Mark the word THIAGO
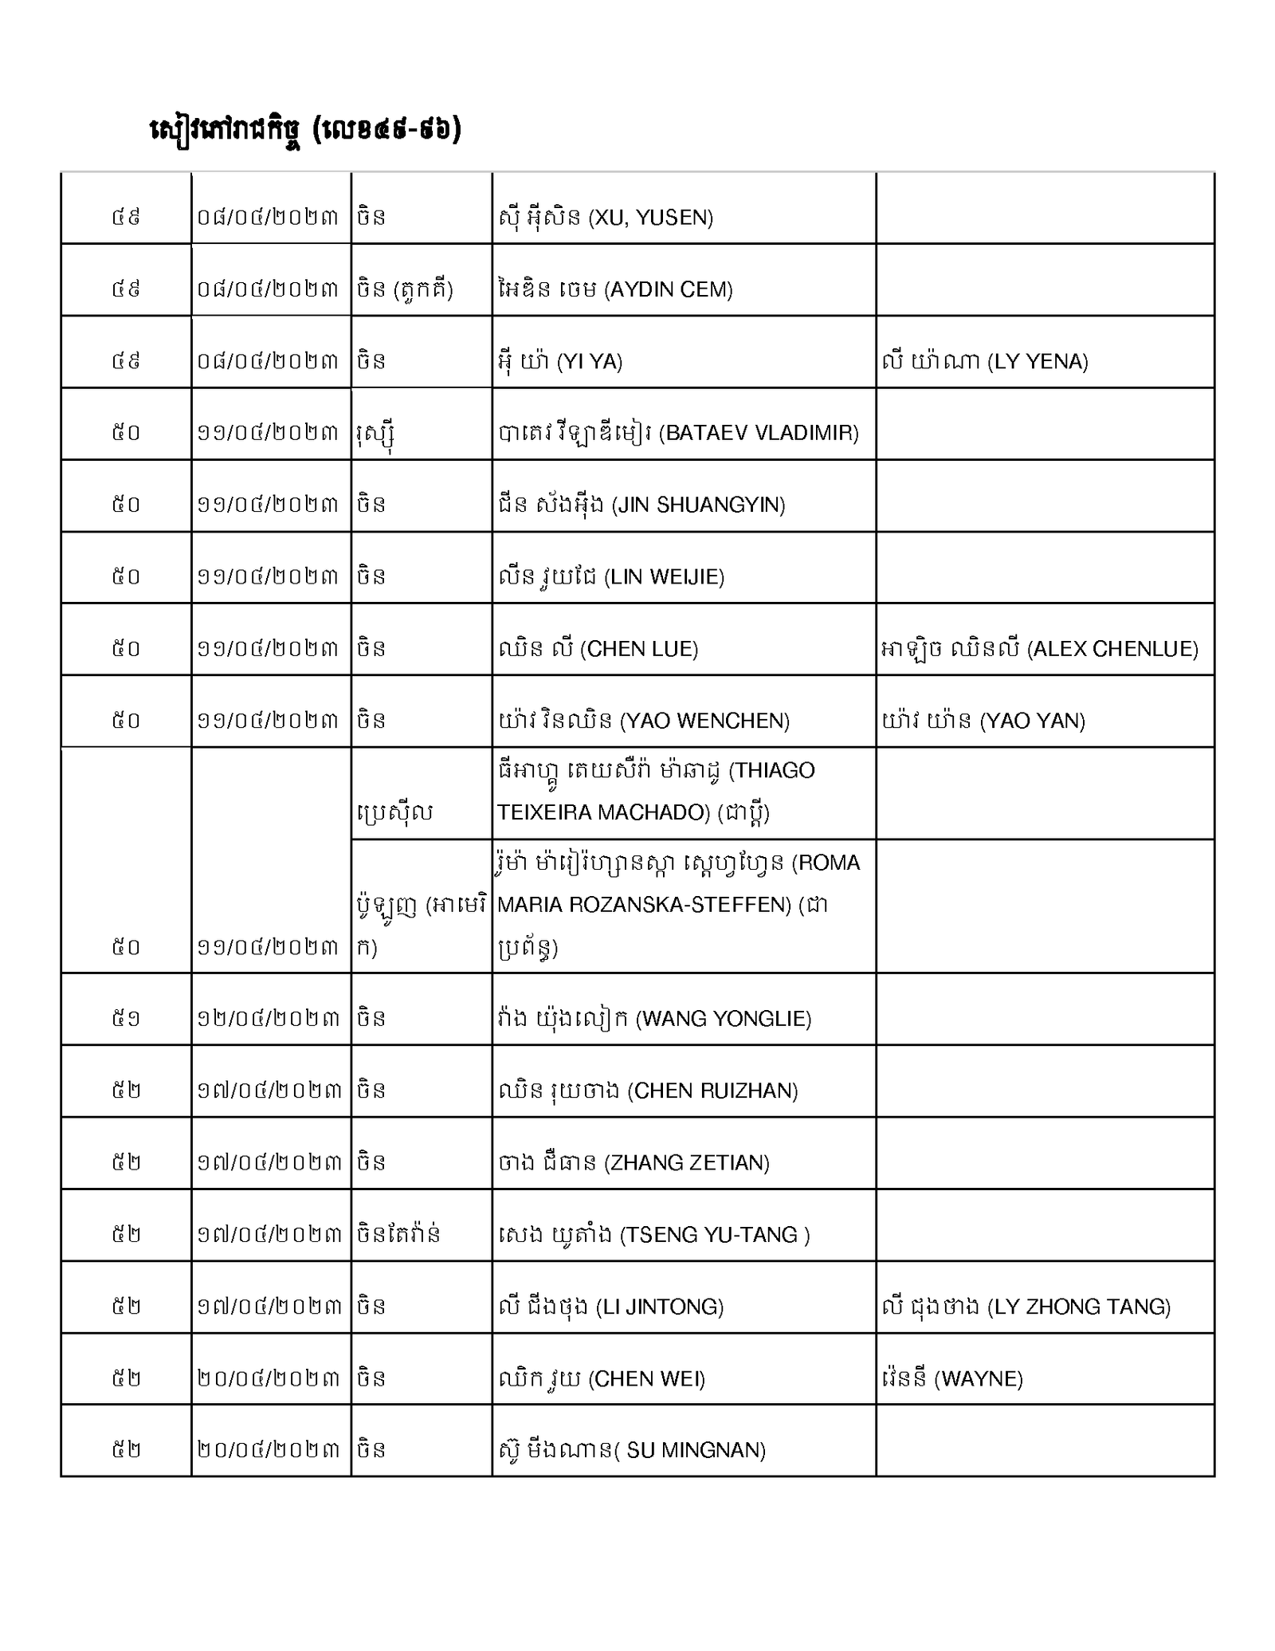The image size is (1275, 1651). pos(771,770)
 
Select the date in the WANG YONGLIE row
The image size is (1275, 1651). pos(269,1018)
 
